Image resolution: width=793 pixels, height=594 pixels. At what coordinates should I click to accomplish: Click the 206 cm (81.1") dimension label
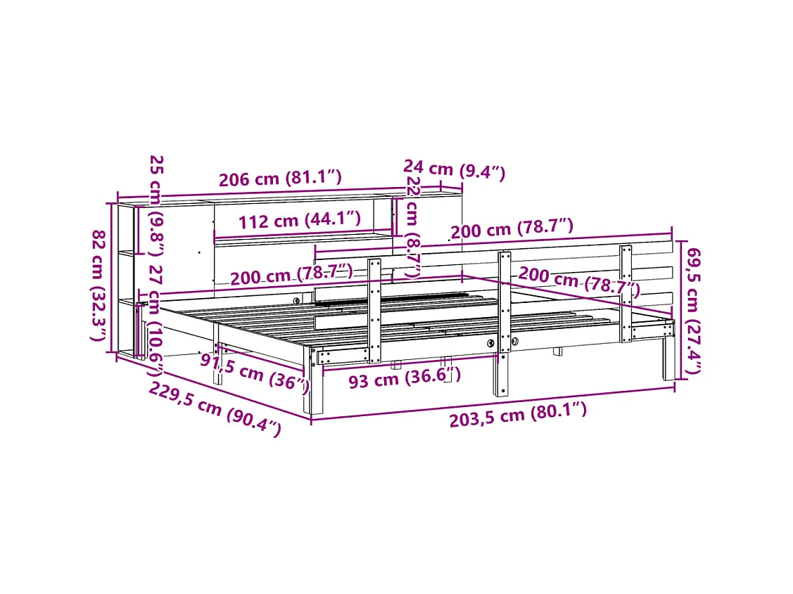click(280, 179)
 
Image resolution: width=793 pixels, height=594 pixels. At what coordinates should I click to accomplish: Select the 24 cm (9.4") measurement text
click(454, 169)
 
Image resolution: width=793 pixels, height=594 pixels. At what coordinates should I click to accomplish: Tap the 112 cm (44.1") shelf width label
click(299, 221)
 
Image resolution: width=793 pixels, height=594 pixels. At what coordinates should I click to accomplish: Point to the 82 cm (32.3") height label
click(99, 285)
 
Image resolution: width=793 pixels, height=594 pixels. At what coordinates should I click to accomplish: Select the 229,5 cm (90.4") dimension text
click(215, 409)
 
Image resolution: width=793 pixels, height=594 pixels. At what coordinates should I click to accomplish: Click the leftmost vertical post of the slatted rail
click(374, 309)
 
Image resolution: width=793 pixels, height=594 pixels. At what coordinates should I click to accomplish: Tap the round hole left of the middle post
click(490, 343)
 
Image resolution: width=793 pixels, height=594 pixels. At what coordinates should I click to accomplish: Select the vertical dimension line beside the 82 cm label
click(111, 278)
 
